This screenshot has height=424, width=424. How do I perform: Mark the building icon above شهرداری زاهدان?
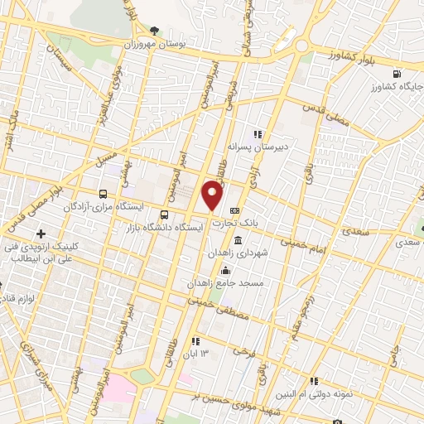(x=238, y=240)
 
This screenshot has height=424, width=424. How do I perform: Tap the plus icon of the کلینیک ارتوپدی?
(x=41, y=234)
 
